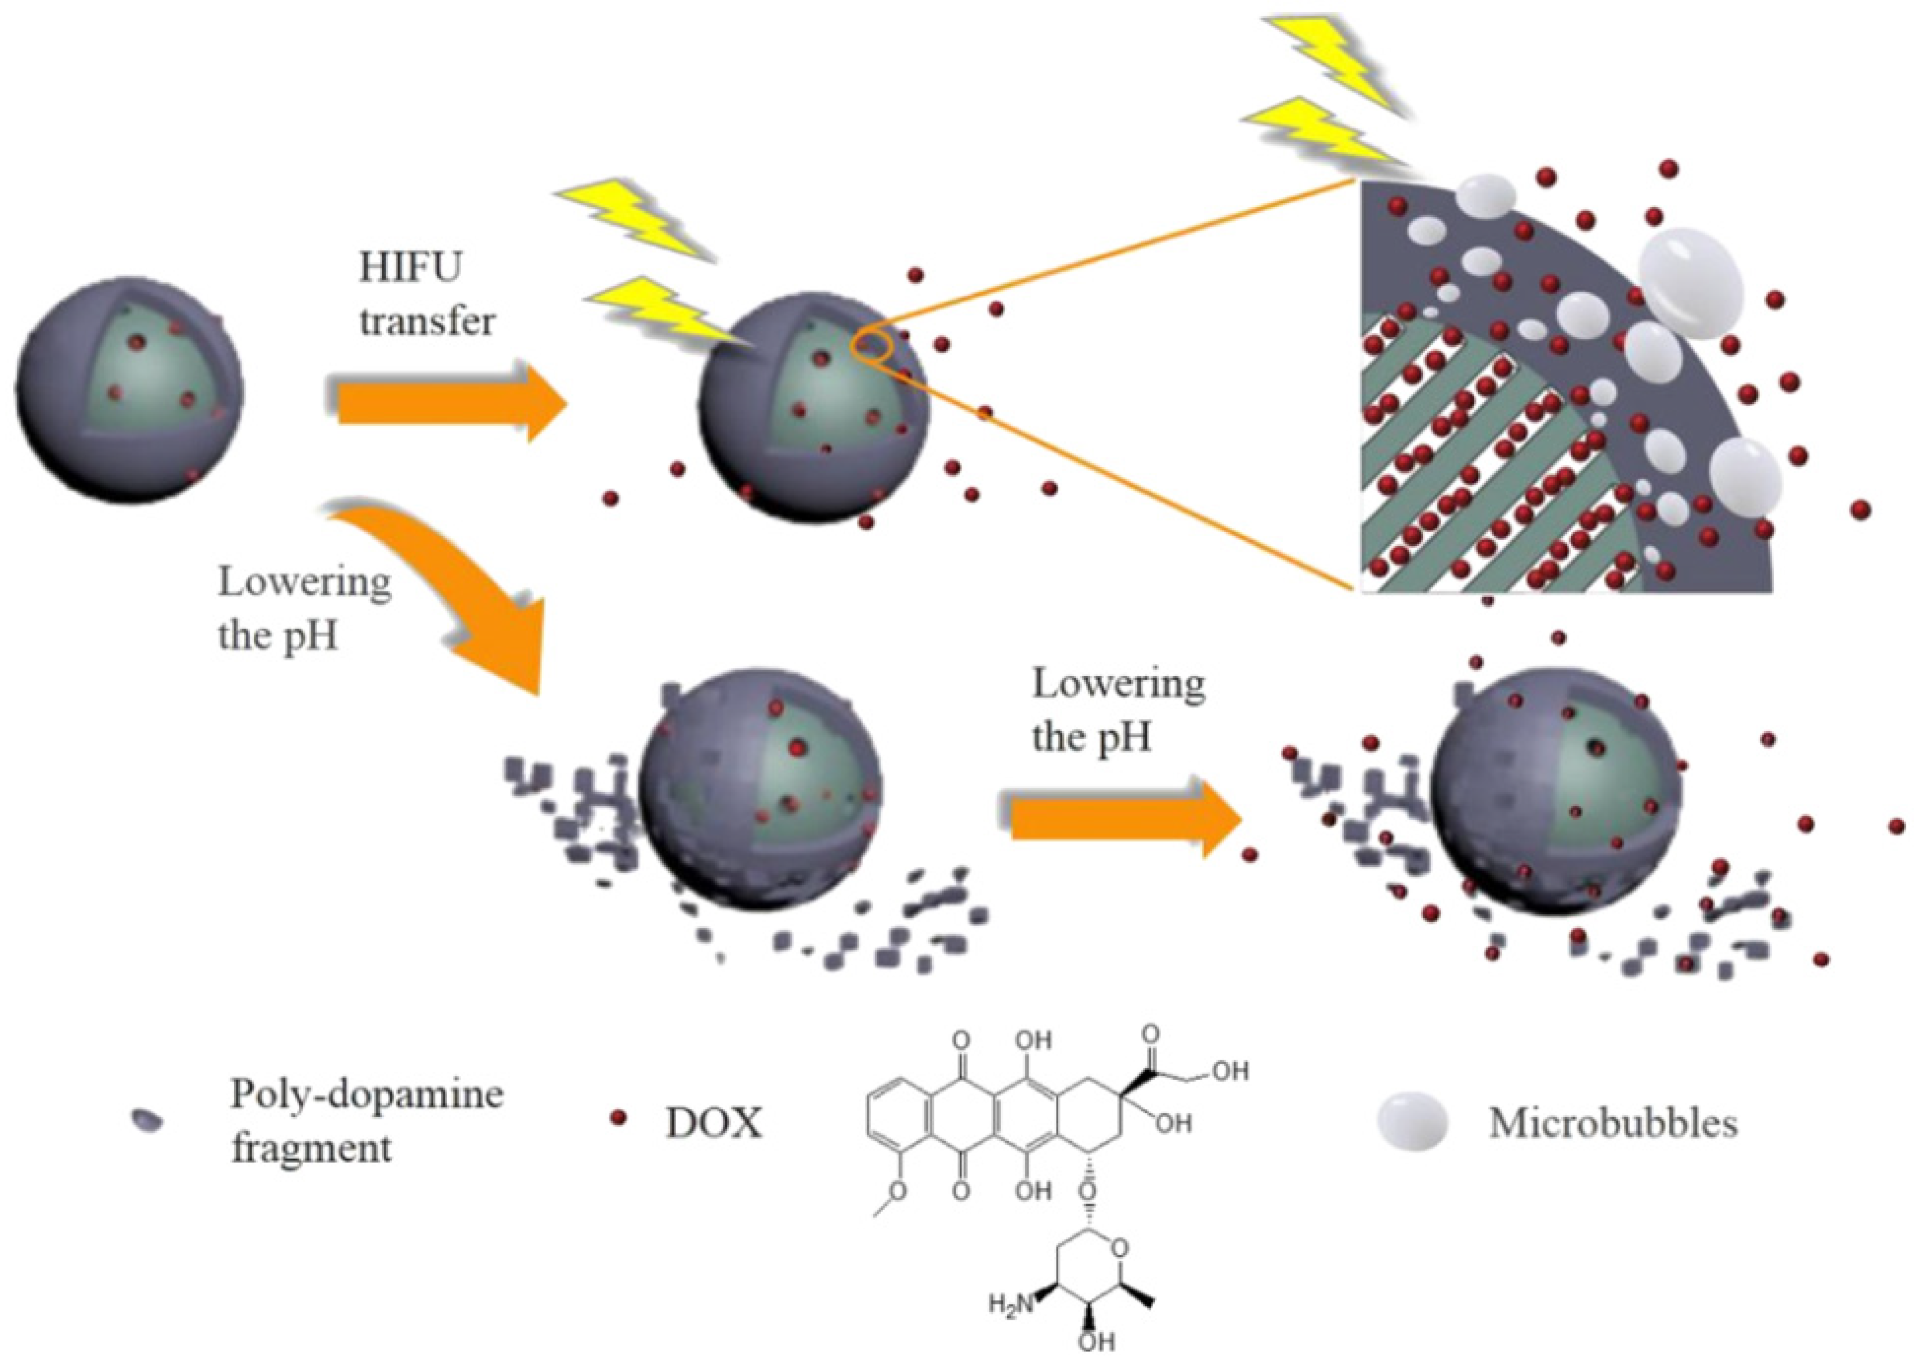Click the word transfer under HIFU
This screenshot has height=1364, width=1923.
[427, 322]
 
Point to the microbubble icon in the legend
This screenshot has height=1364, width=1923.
[1413, 1124]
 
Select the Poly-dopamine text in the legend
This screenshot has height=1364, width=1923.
[367, 1094]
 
